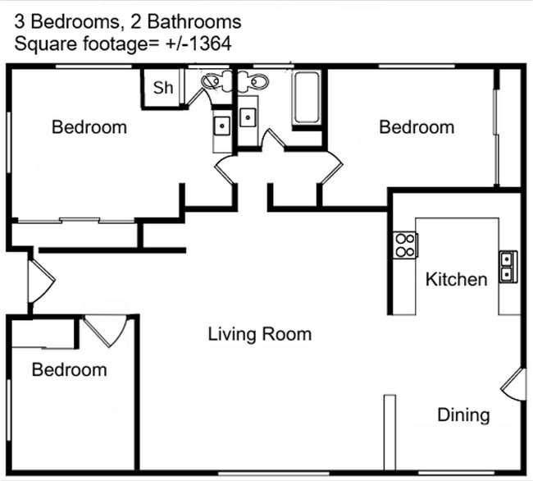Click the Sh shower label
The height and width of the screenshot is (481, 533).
click(163, 88)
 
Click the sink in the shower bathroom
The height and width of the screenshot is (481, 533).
click(221, 126)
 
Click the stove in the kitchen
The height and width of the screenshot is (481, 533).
click(405, 245)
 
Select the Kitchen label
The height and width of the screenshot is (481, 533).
click(456, 279)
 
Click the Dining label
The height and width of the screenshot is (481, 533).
click(463, 415)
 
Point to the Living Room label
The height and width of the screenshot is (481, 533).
click(259, 334)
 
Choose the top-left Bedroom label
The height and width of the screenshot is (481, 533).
click(89, 127)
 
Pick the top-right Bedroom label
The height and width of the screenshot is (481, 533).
click(417, 127)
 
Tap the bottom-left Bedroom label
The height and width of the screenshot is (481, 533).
click(69, 370)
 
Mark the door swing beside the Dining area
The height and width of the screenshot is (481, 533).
click(512, 384)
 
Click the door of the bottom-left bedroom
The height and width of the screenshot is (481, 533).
click(105, 330)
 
